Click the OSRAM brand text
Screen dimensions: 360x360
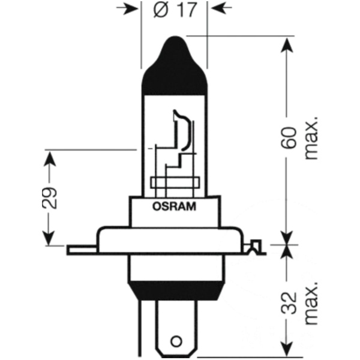[174, 206]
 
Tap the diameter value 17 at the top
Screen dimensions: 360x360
[187, 10]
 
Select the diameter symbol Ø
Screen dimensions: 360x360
[161, 10]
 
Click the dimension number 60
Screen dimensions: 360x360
[289, 137]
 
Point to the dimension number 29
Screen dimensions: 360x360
[49, 198]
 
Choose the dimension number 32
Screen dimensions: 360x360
[289, 303]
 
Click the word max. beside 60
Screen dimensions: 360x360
[311, 139]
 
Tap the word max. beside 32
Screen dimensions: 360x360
[311, 303]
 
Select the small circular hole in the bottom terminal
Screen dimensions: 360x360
[176, 341]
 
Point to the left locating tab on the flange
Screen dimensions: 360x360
[82, 250]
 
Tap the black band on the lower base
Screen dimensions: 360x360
[176, 290]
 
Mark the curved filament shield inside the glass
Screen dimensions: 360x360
[182, 130]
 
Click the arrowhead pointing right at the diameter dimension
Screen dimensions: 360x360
[127, 8]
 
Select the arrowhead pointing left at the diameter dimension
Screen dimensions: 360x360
[221, 8]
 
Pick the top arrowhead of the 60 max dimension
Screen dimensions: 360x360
[287, 46]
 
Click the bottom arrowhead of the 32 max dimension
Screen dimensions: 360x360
[287, 350]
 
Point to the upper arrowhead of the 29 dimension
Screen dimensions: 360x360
[50, 159]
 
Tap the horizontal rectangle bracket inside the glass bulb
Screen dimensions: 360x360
[175, 182]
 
